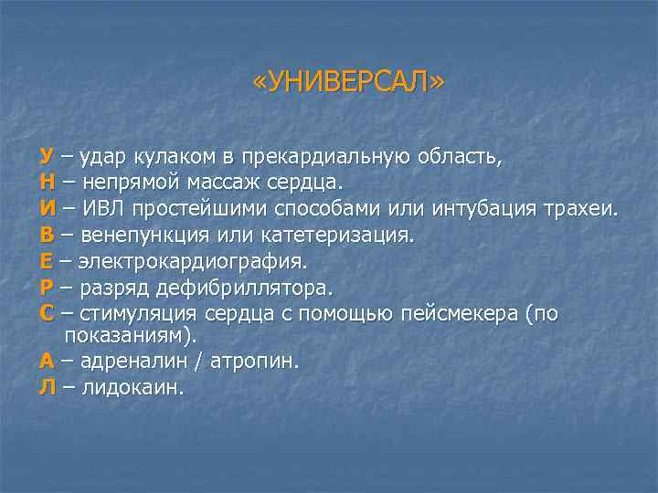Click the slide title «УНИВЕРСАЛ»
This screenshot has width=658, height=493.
(x=349, y=84)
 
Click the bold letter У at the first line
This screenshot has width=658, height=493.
(x=46, y=155)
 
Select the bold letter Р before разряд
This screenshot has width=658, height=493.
(x=46, y=288)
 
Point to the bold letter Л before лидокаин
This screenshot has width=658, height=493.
(x=48, y=387)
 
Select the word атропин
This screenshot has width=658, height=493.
(x=253, y=361)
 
